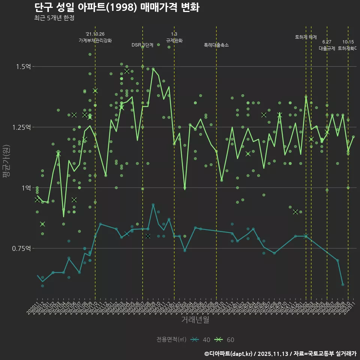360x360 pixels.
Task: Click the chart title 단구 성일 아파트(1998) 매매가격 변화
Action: [x=116, y=7]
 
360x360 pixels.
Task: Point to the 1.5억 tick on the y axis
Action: [x=23, y=66]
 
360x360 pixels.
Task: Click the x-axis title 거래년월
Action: [x=195, y=320]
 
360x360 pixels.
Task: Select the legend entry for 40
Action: [x=201, y=340]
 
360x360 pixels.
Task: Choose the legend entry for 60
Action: [x=225, y=340]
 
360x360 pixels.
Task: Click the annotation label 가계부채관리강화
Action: [x=95, y=40]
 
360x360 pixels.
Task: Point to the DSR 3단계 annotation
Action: [x=142, y=45]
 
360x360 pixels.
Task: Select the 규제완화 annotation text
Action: [x=174, y=40]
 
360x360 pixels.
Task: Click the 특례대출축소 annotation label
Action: [x=216, y=45]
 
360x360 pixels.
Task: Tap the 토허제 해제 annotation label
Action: [x=306, y=37]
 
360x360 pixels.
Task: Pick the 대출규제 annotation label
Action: [x=327, y=48]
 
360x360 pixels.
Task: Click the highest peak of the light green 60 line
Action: [x=153, y=69]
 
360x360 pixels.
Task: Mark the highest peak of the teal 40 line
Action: [x=153, y=204]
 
